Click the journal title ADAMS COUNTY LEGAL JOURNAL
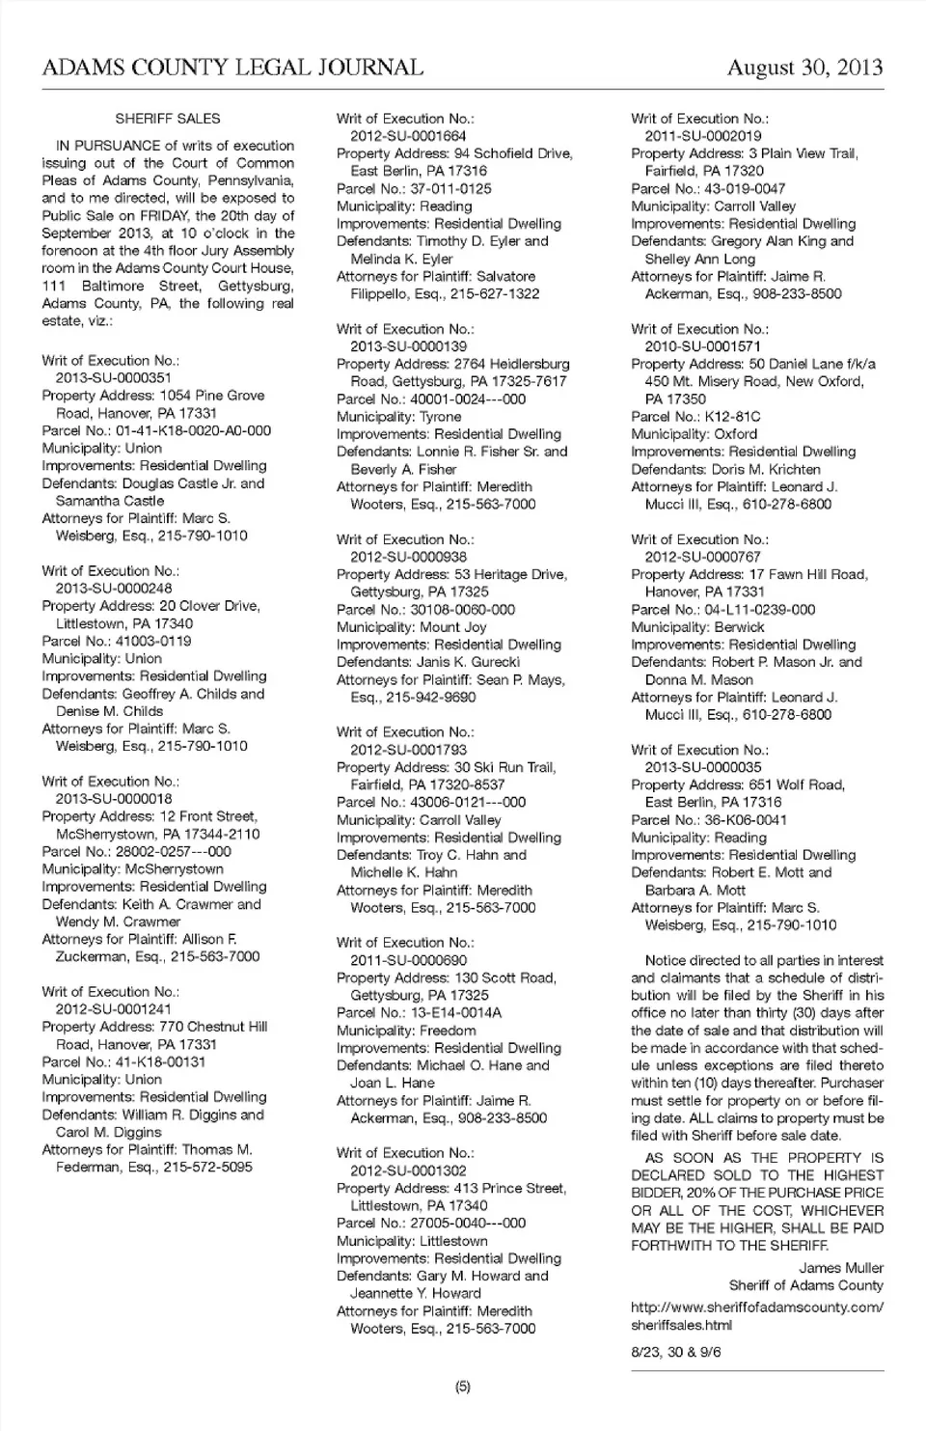[x=232, y=67]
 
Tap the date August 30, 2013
[x=804, y=67]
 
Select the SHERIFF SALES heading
[x=168, y=119]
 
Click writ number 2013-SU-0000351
[x=113, y=378]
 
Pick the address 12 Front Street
[x=207, y=816]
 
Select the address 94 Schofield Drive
[x=512, y=153]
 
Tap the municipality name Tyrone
[x=440, y=417]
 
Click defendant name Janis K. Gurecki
[x=468, y=662]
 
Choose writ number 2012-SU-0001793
[x=408, y=749]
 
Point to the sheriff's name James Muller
[x=840, y=1268]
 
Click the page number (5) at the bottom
[x=463, y=1387]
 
